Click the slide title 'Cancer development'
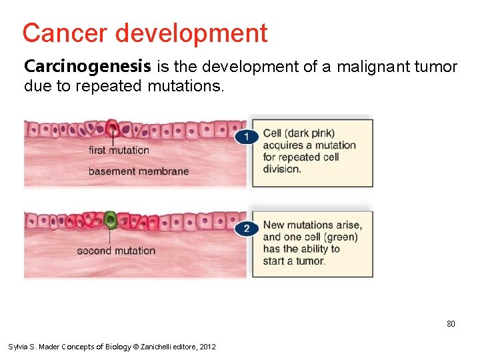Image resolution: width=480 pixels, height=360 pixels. click(x=145, y=33)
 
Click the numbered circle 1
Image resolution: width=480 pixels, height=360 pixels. click(x=246, y=136)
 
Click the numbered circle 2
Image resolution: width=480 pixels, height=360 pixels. click(x=246, y=229)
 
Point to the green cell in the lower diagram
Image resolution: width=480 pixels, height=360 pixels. click(x=111, y=219)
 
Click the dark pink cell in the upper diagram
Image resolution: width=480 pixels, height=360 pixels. click(x=112, y=127)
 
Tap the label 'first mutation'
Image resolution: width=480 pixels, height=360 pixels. click(x=119, y=150)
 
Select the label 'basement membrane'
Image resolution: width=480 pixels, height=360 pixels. click(x=139, y=171)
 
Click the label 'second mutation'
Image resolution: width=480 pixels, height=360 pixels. click(x=116, y=251)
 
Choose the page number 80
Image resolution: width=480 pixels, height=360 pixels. click(x=451, y=324)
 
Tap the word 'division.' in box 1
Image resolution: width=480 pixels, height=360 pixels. click(x=282, y=169)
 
